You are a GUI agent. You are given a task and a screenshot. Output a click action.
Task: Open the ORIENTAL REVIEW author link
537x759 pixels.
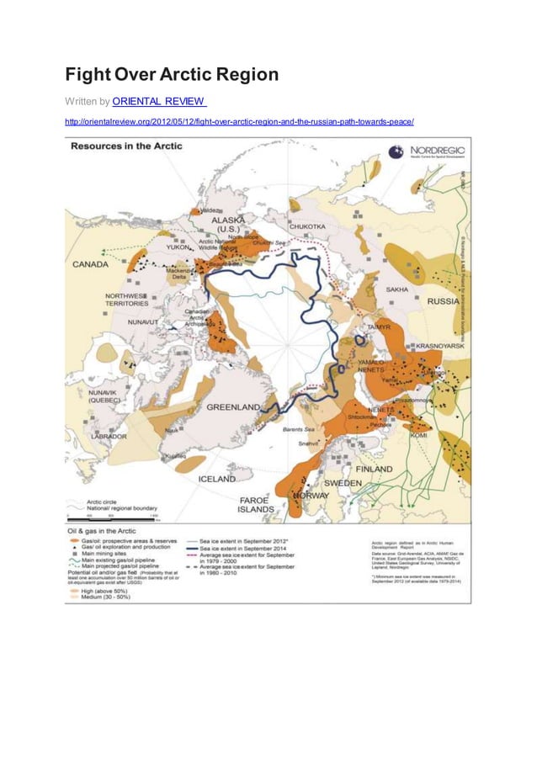pos(159,102)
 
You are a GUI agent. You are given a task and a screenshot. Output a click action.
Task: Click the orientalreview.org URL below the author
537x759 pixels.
pos(239,122)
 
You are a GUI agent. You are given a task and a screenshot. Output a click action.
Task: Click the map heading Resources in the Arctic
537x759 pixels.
pos(125,146)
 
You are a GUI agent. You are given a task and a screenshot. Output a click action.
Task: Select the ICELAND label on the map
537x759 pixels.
pos(217,478)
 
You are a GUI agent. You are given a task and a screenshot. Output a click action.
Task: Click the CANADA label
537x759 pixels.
pos(90,264)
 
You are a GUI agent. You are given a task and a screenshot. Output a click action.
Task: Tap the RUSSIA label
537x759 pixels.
pos(443,301)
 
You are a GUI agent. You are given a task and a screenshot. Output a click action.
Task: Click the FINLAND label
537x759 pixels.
pos(373,468)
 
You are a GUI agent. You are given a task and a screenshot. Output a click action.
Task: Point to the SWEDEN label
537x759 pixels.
pos(343,483)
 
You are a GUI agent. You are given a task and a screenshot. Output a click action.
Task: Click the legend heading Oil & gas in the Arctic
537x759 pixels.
pos(104,531)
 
